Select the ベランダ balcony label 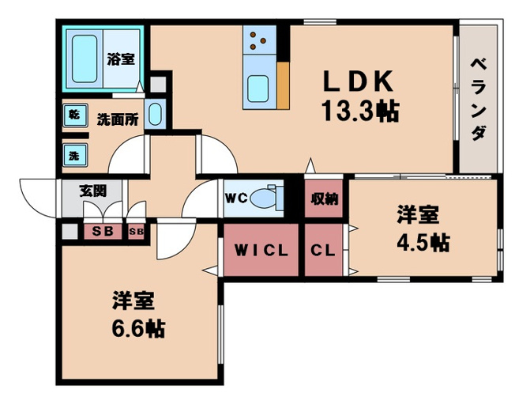(478, 99)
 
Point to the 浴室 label (121, 59)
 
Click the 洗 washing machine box (73, 155)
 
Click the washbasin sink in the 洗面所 (155, 115)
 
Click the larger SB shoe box (102, 232)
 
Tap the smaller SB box (136, 232)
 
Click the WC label (239, 198)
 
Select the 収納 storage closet (324, 198)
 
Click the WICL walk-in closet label (261, 251)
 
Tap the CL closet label (323, 251)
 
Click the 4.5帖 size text (422, 242)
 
